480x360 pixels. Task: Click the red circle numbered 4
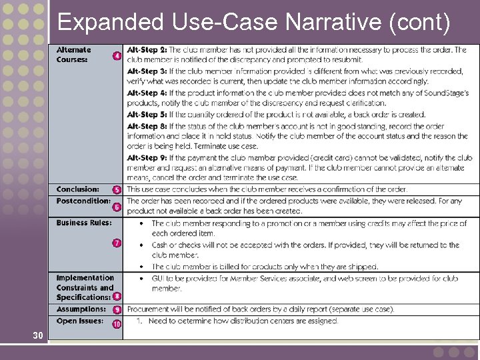[x=117, y=56]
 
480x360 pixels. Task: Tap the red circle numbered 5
[x=117, y=191]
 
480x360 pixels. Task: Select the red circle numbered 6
[x=117, y=207]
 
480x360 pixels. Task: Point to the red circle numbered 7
[x=117, y=243]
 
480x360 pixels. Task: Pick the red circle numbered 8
[x=117, y=297]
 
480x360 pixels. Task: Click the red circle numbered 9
[x=117, y=310]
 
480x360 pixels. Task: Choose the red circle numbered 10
[x=117, y=324]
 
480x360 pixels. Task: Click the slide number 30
[x=38, y=335]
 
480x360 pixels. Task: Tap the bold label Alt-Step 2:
[x=147, y=50]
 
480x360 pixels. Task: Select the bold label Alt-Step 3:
[x=147, y=71]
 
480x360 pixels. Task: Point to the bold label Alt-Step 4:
[x=147, y=93]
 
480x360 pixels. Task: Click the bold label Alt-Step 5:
[x=147, y=115]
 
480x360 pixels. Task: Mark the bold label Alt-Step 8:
[x=147, y=126]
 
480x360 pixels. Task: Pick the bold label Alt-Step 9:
[x=147, y=158]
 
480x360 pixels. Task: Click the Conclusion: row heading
[x=77, y=189]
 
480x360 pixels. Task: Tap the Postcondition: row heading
[x=83, y=201]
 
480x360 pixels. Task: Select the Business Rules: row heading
[x=83, y=223]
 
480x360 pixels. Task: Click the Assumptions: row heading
[x=81, y=309]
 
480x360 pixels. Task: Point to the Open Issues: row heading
[x=79, y=321]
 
